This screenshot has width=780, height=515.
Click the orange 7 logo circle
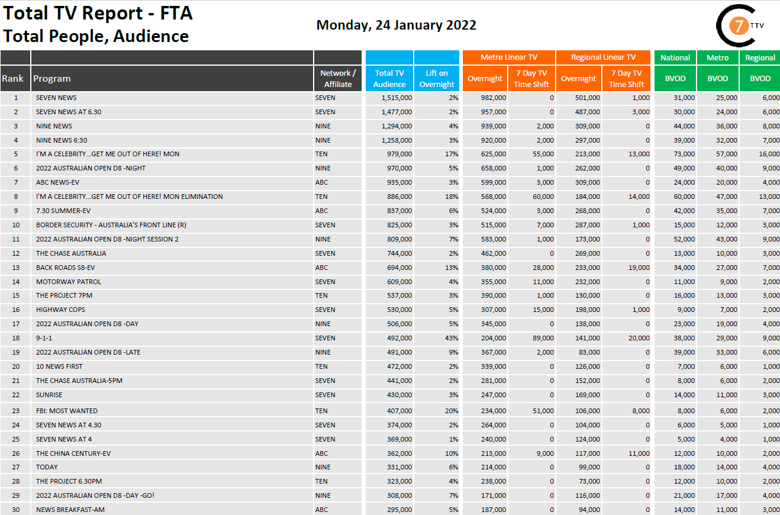pos(737,26)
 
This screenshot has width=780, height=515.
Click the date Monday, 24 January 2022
pos(396,25)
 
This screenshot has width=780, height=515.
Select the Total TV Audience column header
pos(389,78)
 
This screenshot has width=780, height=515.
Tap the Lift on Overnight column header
pos(437,78)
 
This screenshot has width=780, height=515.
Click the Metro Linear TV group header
pos(508,57)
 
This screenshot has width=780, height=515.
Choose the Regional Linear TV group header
pos(603,57)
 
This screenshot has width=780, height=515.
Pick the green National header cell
pos(675,57)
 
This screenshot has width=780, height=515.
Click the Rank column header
pos(12,78)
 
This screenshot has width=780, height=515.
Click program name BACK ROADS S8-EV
pos(65,268)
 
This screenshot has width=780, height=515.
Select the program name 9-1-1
pos(44,338)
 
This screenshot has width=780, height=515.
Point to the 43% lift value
pos(452,338)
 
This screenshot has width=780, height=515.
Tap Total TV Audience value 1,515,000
pos(392,98)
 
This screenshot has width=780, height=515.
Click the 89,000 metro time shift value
pos(542,338)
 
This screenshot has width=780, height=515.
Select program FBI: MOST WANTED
pos(66,411)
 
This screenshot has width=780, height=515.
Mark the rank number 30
pos(15,510)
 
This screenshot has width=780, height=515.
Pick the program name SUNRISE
pos(49,395)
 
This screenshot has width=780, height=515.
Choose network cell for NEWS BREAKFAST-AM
pos(321,510)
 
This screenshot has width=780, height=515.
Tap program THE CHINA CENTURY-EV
pos(73,453)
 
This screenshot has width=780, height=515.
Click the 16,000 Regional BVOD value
pos(769,154)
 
